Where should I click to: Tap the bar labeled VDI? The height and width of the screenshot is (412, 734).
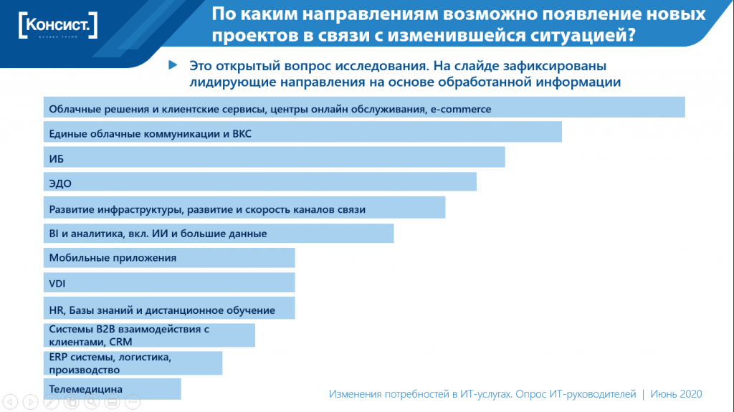169,283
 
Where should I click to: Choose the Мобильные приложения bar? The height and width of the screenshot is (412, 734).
169,258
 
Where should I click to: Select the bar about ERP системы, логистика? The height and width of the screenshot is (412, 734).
133,363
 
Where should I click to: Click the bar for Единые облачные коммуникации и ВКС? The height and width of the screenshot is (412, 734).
302,133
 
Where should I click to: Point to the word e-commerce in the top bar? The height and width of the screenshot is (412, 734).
460,109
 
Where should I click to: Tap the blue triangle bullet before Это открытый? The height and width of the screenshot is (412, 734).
172,65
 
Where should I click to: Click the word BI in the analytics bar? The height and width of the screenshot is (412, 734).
54,234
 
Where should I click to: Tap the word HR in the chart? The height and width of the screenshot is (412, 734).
56,310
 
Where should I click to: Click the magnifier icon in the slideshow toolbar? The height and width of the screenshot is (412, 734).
91,401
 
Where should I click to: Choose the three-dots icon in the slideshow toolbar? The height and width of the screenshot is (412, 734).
133,401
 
